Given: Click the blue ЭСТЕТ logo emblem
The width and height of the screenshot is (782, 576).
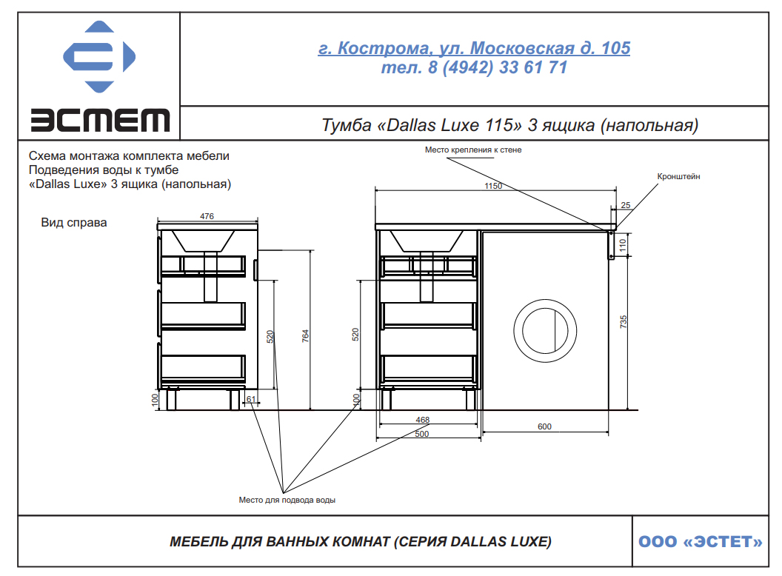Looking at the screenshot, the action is [x=99, y=56].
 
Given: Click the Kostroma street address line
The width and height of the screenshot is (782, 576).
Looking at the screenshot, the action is [x=474, y=48].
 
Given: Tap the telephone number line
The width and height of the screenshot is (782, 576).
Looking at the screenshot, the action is [x=474, y=67].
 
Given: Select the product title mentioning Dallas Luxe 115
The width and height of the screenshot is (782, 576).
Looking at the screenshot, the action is [x=509, y=124].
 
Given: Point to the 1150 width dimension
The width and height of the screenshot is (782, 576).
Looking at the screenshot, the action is [x=493, y=186].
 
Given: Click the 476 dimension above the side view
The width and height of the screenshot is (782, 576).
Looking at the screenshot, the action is [x=207, y=216].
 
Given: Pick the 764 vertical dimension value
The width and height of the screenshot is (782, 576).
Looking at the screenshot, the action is [x=306, y=335].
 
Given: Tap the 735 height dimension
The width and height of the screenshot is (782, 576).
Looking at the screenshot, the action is [x=624, y=321].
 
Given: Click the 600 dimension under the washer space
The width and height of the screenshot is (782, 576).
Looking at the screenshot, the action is [x=544, y=427].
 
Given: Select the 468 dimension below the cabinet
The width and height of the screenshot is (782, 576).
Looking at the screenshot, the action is [x=422, y=420].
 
